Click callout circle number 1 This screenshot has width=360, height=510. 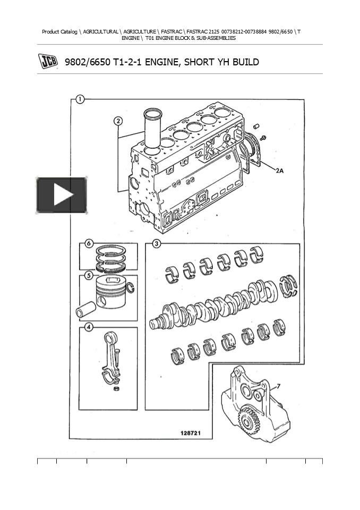[x=79, y=99]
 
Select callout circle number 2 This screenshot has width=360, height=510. [x=118, y=121]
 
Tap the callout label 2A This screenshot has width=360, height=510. [x=280, y=171]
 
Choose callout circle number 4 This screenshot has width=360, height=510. [x=89, y=327]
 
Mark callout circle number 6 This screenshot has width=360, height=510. [x=89, y=244]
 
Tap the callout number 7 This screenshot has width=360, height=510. [x=279, y=386]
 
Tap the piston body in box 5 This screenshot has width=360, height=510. [x=111, y=293]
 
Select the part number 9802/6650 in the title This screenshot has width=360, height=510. [x=87, y=62]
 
